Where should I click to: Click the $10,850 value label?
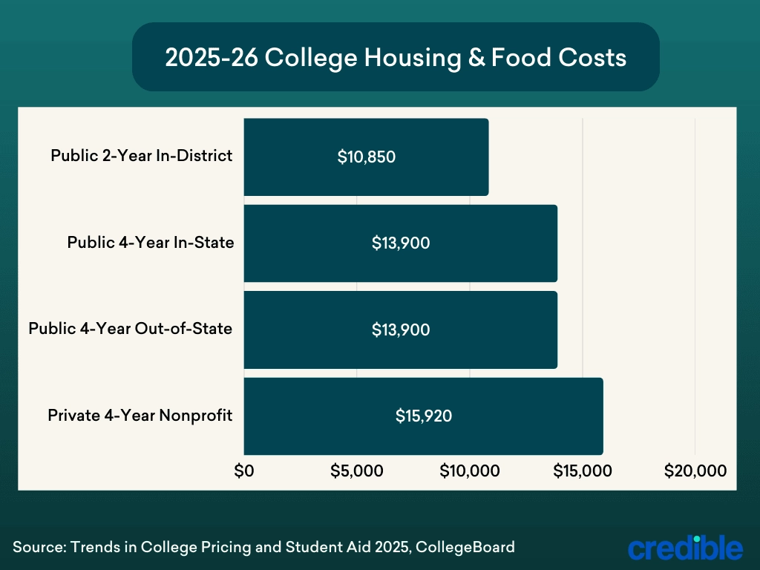pos(366,157)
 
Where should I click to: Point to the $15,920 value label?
pos(424,416)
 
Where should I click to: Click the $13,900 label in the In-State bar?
pos(401,243)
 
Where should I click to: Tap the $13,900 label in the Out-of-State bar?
pos(401,330)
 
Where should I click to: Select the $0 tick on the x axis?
pos(244,471)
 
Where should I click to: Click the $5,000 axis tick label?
pos(357,471)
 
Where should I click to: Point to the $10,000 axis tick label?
pos(470,471)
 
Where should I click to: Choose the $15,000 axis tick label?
pos(583,471)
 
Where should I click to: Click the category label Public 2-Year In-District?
pos(141,156)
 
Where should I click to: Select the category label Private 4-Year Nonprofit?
pos(140,415)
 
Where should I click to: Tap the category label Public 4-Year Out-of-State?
pos(130,328)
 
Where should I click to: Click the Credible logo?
pos(685,547)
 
